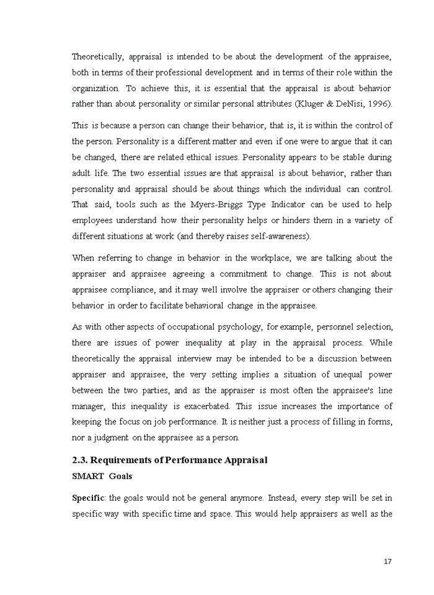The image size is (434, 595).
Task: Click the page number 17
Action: tap(387, 562)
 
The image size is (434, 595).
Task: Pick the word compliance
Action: tap(128, 289)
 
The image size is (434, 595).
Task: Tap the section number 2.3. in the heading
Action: tap(81, 460)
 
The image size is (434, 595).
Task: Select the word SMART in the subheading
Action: tap(87, 476)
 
